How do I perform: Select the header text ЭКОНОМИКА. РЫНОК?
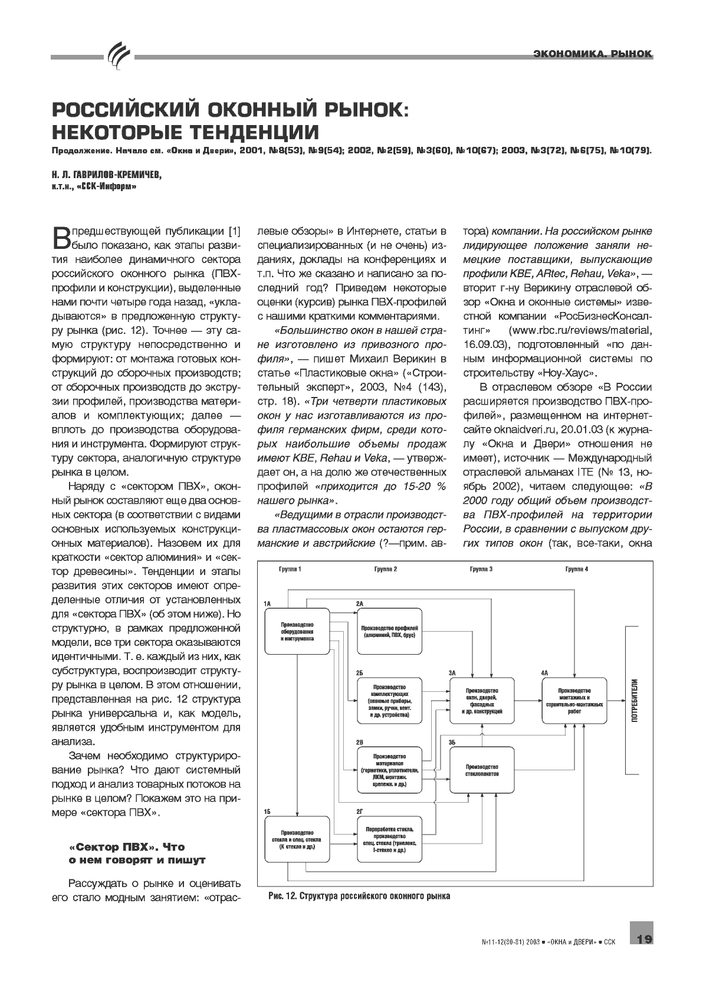click(592, 54)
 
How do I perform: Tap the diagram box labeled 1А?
click(297, 631)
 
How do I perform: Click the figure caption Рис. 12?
click(359, 896)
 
